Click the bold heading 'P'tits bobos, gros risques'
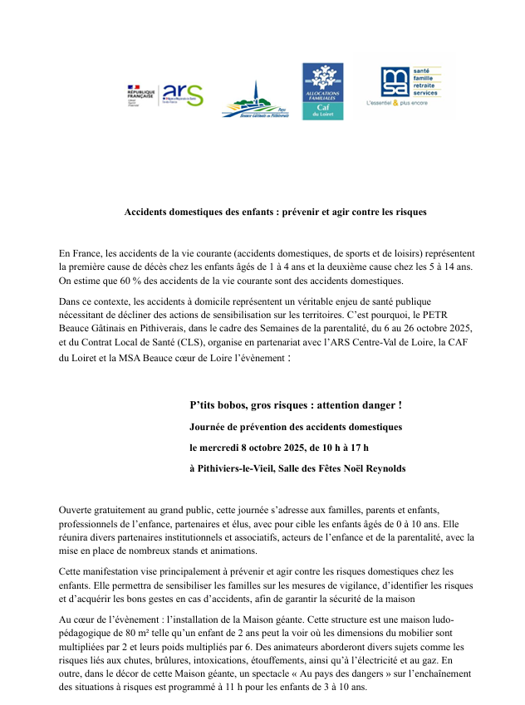click(x=295, y=405)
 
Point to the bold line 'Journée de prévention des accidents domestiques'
click(x=296, y=427)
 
